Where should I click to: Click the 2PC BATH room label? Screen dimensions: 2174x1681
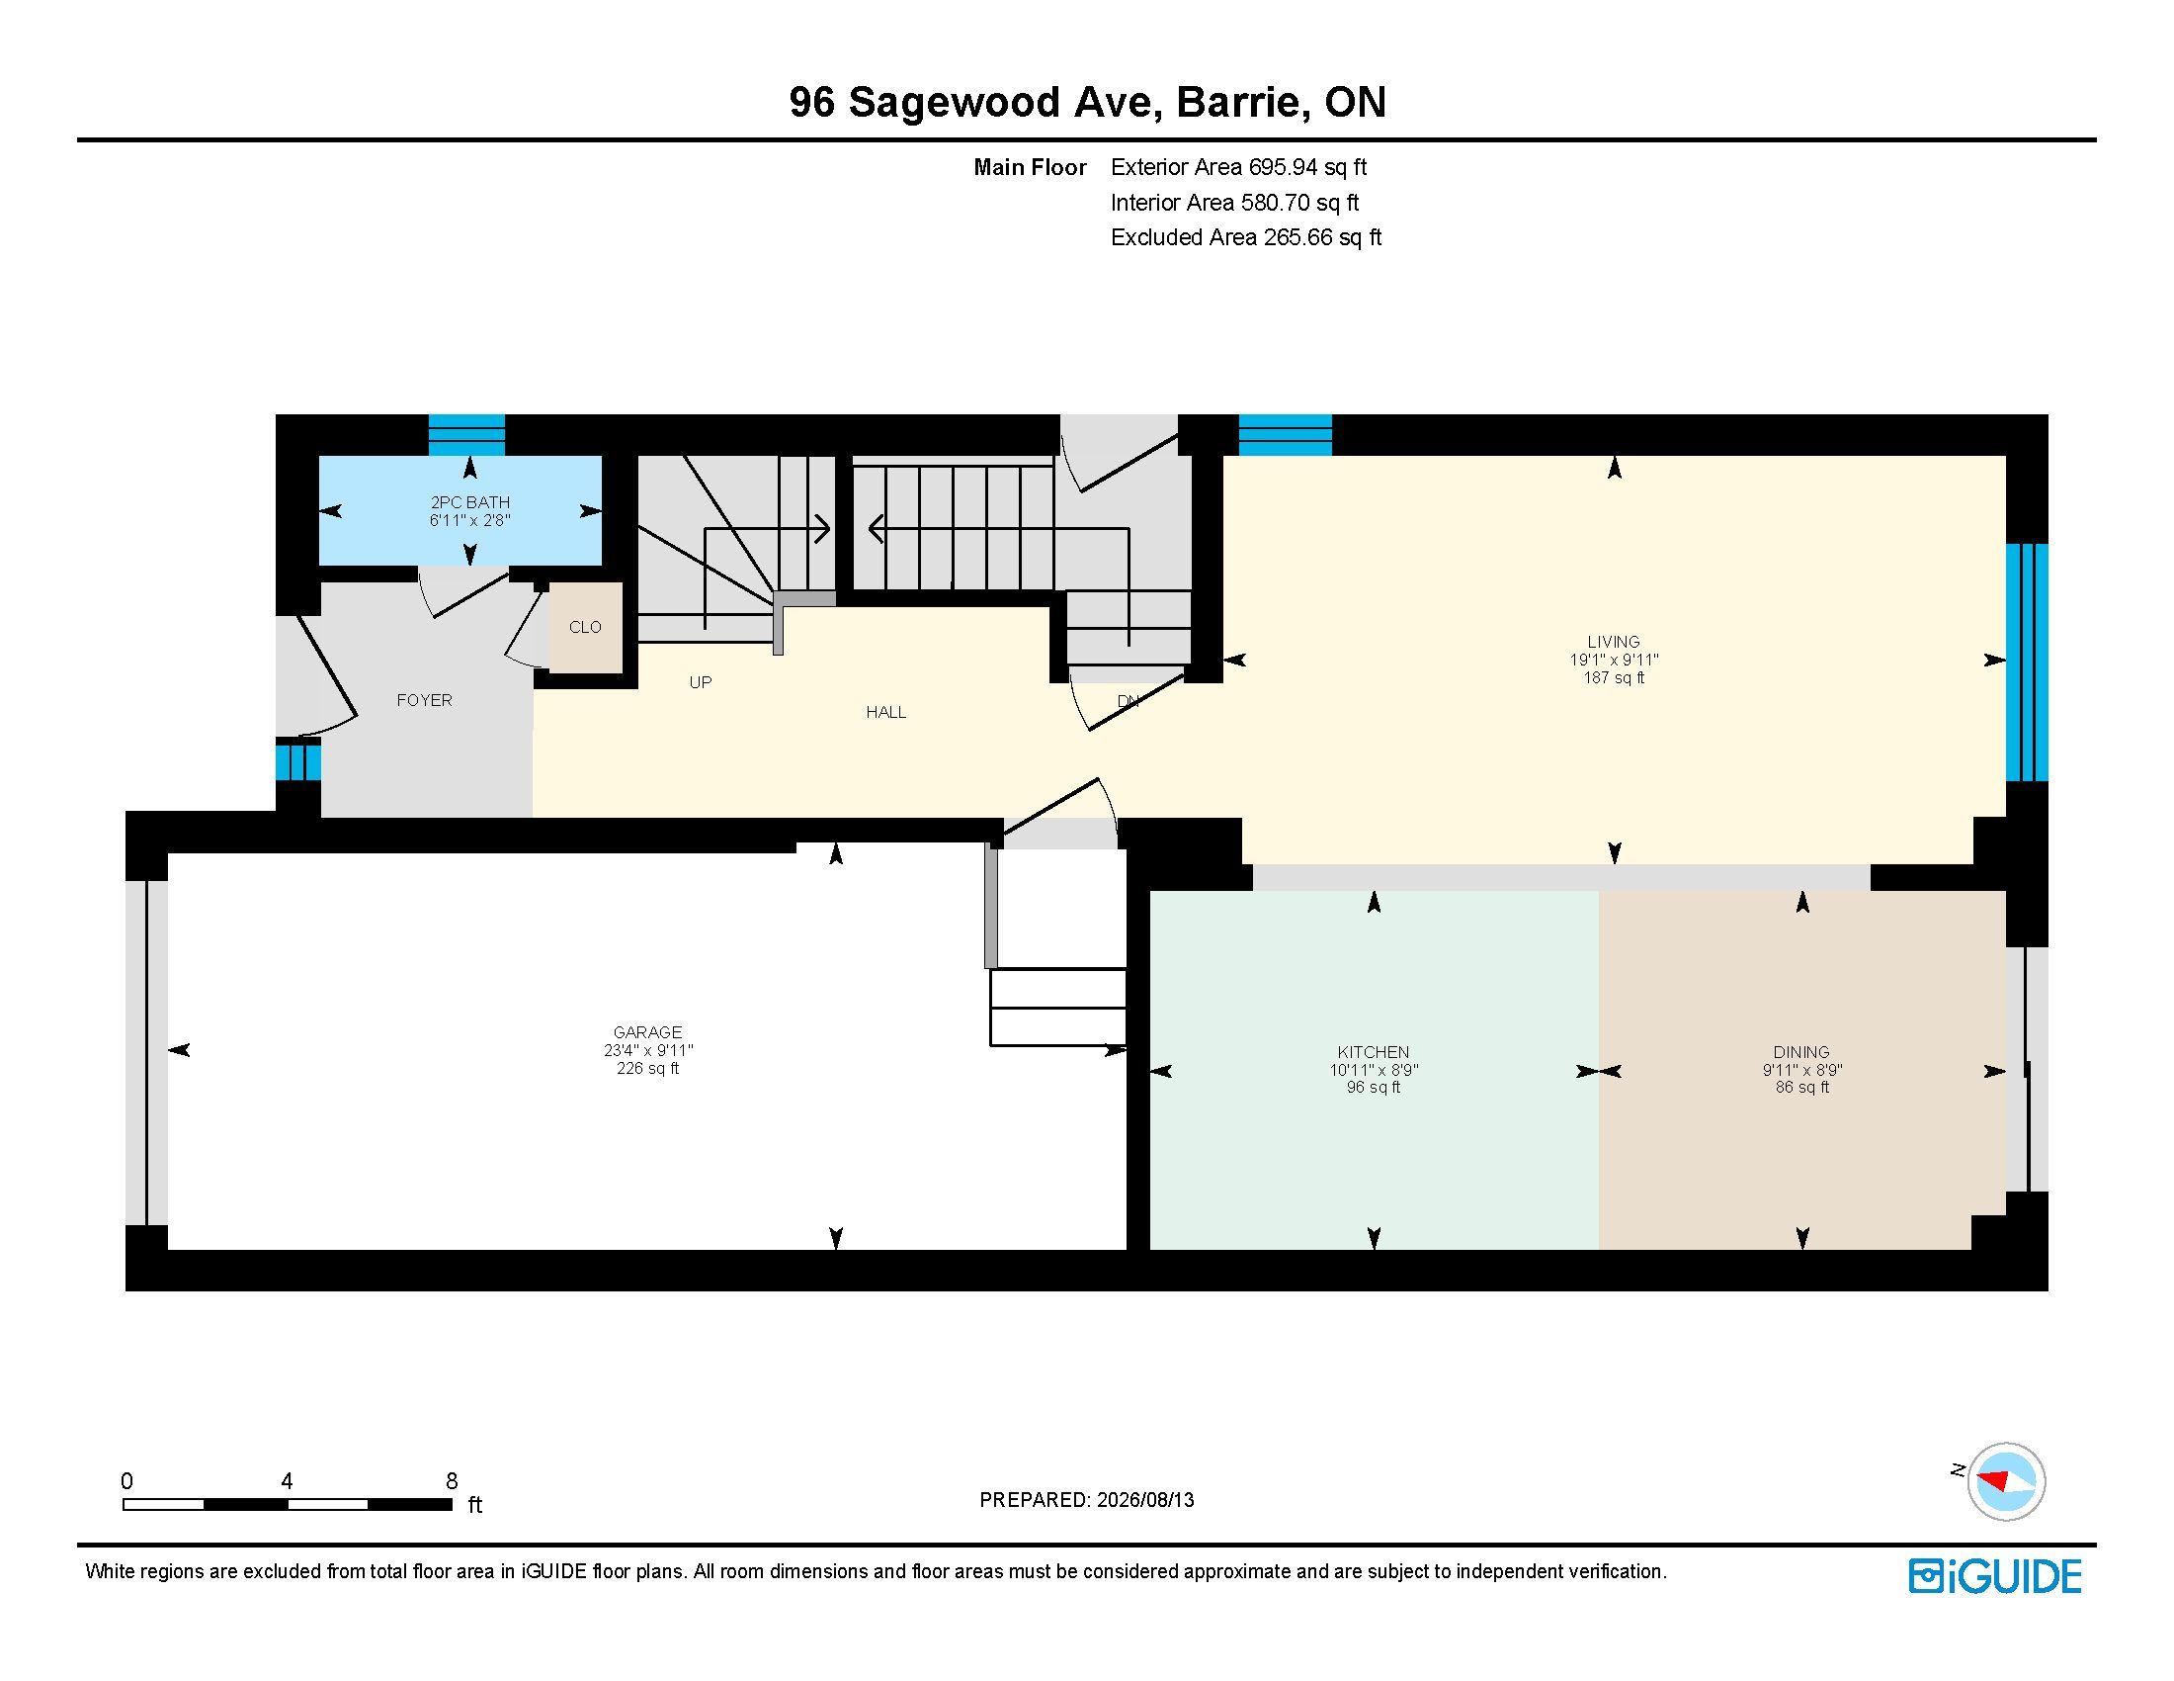click(469, 502)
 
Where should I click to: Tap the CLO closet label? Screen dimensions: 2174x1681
click(585, 626)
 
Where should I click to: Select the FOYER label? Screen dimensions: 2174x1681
click(424, 700)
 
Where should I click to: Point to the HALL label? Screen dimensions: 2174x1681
click(886, 712)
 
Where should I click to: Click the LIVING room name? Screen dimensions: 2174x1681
click(1614, 642)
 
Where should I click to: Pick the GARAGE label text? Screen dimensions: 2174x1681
click(648, 1032)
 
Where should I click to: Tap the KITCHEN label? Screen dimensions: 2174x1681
click(1374, 1052)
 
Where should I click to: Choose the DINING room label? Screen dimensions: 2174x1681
click(1801, 1052)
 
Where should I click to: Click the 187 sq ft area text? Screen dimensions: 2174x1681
click(1614, 678)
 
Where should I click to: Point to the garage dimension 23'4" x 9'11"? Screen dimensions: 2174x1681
click(648, 1050)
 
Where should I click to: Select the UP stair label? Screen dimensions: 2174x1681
click(701, 682)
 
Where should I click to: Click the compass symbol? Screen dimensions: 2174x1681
click(2006, 1481)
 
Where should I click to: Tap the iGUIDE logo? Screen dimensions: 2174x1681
click(1995, 1576)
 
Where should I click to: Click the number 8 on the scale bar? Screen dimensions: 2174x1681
click(452, 1480)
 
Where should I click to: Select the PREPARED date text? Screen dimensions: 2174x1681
click(1087, 1500)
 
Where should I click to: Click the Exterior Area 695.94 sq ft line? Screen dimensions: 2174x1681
click(1239, 167)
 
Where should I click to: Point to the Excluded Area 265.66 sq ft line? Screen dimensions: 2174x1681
click(1246, 237)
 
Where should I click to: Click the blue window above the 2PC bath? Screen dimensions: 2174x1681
click(466, 435)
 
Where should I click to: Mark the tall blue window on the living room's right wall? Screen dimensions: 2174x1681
click(2027, 663)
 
